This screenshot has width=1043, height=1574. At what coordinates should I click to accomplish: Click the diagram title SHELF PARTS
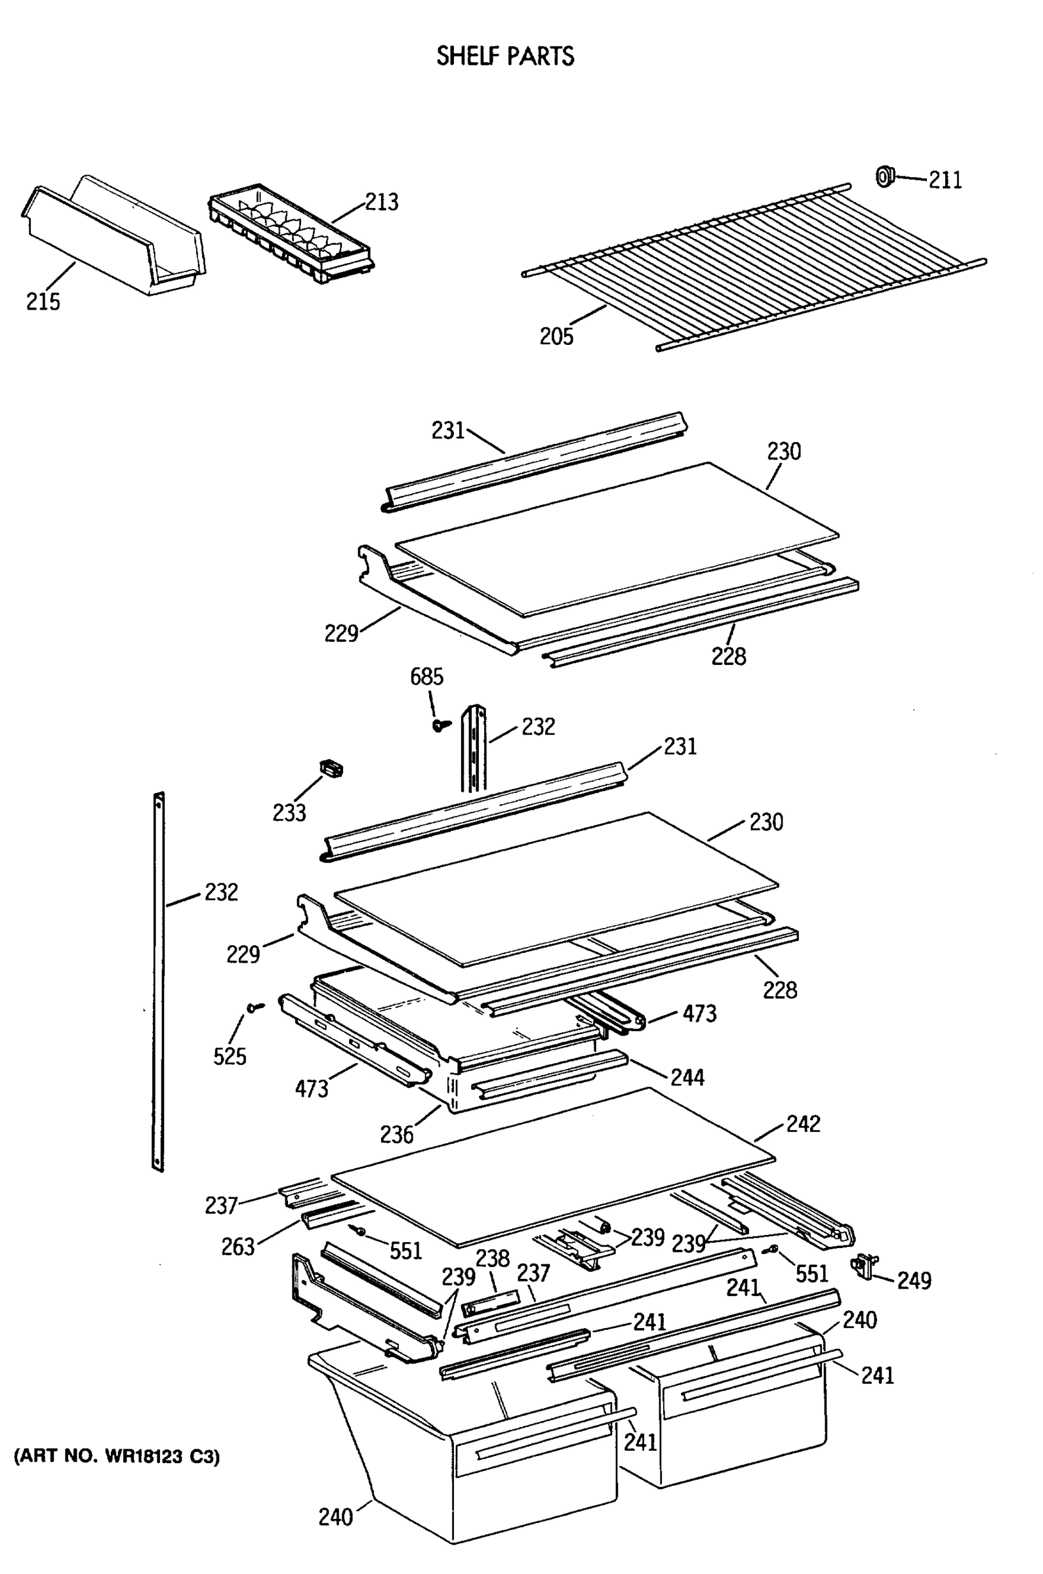tap(505, 56)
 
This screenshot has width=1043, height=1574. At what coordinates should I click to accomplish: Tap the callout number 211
tap(945, 180)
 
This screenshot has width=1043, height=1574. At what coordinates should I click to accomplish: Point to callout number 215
tap(43, 301)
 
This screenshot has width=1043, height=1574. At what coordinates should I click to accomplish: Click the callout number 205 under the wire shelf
tap(556, 336)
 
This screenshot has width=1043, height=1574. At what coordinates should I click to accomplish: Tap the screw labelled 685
tap(440, 725)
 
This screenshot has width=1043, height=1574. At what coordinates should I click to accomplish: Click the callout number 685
tap(426, 677)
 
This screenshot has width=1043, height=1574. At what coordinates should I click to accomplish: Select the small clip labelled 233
tap(332, 769)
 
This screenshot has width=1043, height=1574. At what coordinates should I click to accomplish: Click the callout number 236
tap(396, 1135)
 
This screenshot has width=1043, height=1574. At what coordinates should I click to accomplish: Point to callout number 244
tap(686, 1078)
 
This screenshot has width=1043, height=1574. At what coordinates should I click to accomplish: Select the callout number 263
tap(238, 1247)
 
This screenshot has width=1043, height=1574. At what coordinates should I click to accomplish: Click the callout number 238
tap(492, 1258)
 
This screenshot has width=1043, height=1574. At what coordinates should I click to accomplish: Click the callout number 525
tap(230, 1056)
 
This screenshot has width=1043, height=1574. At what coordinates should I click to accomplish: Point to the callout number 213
tap(381, 202)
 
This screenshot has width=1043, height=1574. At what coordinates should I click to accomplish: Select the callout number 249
tap(914, 1280)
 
